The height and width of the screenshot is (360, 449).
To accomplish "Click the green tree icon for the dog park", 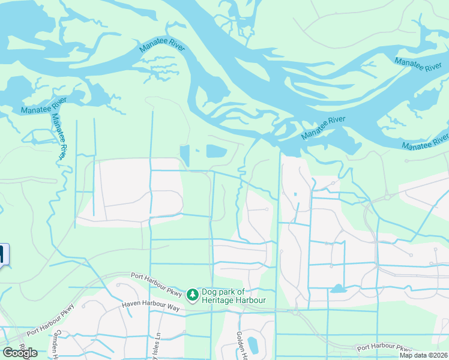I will point(192,295).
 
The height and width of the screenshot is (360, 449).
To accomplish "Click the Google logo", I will point(19,353).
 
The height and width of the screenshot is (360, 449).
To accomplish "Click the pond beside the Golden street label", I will point(253,345).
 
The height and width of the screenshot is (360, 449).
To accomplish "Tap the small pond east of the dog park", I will point(338,289).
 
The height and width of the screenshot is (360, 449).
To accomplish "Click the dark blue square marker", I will point(4,254).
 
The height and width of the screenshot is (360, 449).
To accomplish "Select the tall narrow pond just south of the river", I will point(185,155).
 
